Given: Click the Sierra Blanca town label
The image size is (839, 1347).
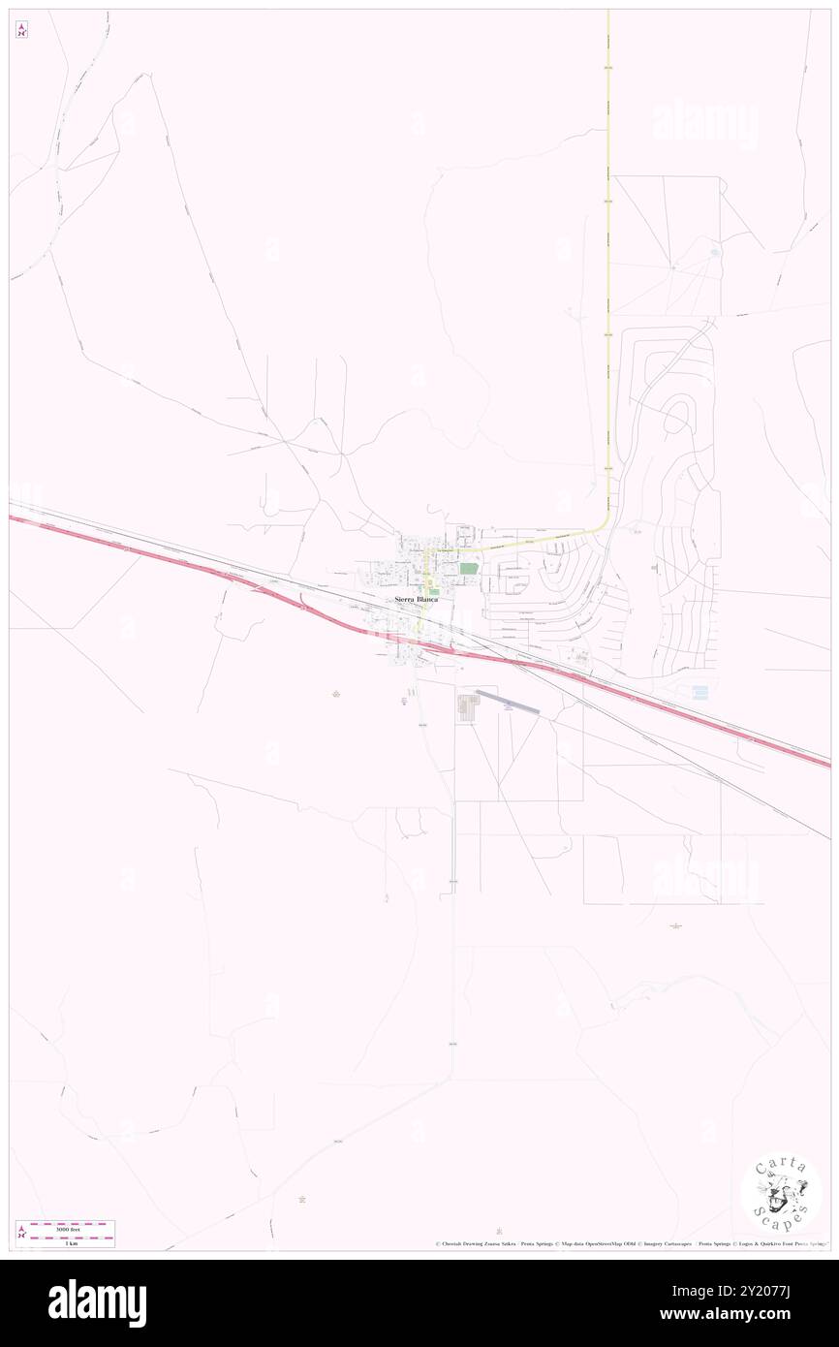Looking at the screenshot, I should point(416,600).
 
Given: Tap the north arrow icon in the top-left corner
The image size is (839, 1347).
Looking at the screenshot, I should point(21,30).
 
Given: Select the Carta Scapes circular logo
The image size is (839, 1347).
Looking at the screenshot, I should point(781,1194).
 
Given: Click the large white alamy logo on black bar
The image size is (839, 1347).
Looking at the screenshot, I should point(97,1302).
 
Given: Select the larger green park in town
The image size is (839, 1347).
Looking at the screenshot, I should point(469,569).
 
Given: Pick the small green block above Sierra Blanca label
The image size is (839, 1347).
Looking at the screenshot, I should point(434,590).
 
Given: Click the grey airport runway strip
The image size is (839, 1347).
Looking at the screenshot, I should point(507,703).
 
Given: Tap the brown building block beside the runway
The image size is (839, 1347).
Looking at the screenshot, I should point(468,707).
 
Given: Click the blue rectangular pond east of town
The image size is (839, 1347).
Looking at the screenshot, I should point(699,692).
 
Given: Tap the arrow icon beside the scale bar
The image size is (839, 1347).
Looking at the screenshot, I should point(21,1233).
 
